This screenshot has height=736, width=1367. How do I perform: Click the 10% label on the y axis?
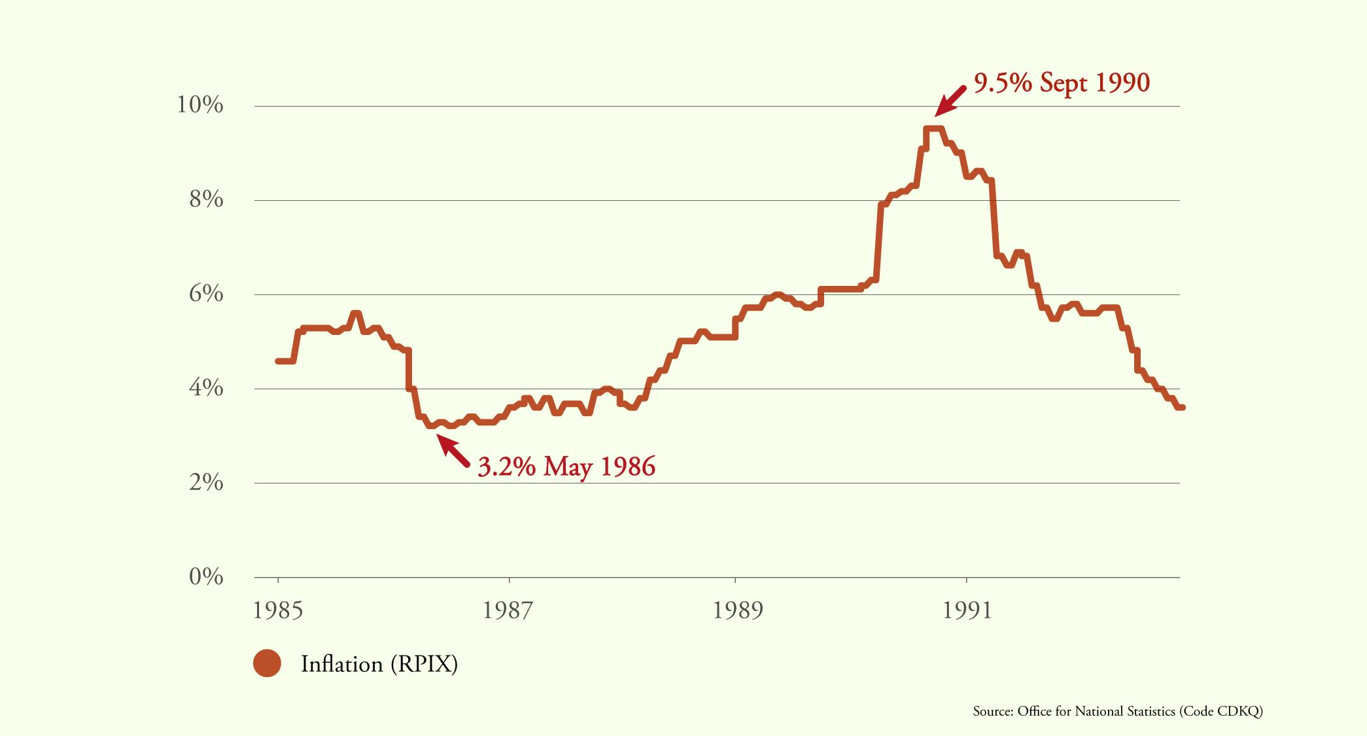point(200,105)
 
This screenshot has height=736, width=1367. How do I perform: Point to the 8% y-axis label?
point(206,200)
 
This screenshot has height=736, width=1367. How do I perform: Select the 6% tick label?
point(206,294)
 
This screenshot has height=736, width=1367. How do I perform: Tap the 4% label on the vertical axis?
point(206,388)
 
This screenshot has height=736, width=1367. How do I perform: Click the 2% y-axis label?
point(206,482)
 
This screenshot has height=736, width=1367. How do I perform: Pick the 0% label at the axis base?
point(206,576)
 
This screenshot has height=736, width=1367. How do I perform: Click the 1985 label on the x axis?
point(278,610)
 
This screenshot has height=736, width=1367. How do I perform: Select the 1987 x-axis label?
point(508,610)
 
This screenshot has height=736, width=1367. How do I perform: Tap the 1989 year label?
point(738,610)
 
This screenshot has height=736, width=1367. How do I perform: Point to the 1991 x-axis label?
point(967,610)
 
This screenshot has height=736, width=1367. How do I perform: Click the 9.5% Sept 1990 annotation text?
point(1062,82)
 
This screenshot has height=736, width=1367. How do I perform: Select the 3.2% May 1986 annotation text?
point(566,466)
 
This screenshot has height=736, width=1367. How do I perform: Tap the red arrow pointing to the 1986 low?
point(453,451)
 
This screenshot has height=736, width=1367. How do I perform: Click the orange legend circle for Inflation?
point(267,663)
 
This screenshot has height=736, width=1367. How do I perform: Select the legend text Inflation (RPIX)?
point(379,664)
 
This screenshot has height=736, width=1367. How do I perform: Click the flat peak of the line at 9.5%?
point(933,129)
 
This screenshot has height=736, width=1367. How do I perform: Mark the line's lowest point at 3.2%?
point(431,425)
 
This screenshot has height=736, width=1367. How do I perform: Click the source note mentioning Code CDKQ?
point(1117,711)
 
